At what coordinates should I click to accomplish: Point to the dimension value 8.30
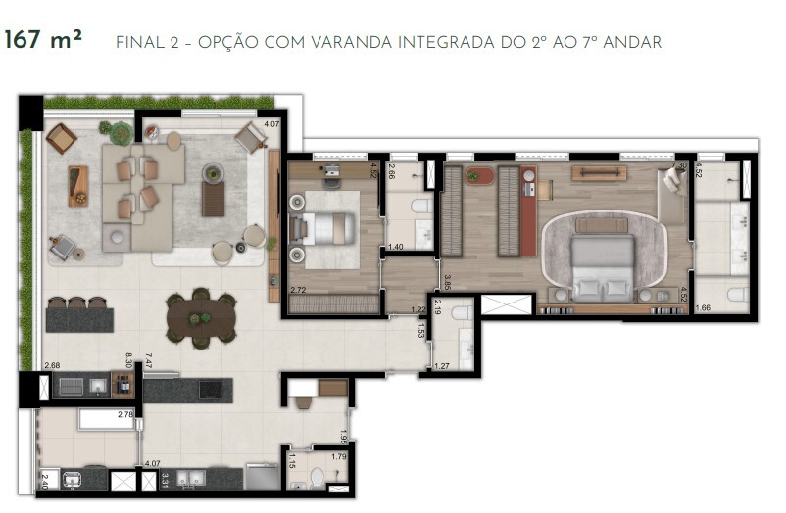point(127,360)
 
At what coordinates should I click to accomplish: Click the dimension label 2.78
point(124,416)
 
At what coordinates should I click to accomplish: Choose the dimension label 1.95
point(344,436)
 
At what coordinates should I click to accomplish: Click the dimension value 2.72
point(299,291)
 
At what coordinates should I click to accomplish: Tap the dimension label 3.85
point(447,283)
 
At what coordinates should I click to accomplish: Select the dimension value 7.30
point(681,165)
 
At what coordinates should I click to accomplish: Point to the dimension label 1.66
point(703,308)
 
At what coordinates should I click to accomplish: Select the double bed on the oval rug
point(602,264)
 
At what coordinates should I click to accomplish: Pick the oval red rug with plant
point(481,176)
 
